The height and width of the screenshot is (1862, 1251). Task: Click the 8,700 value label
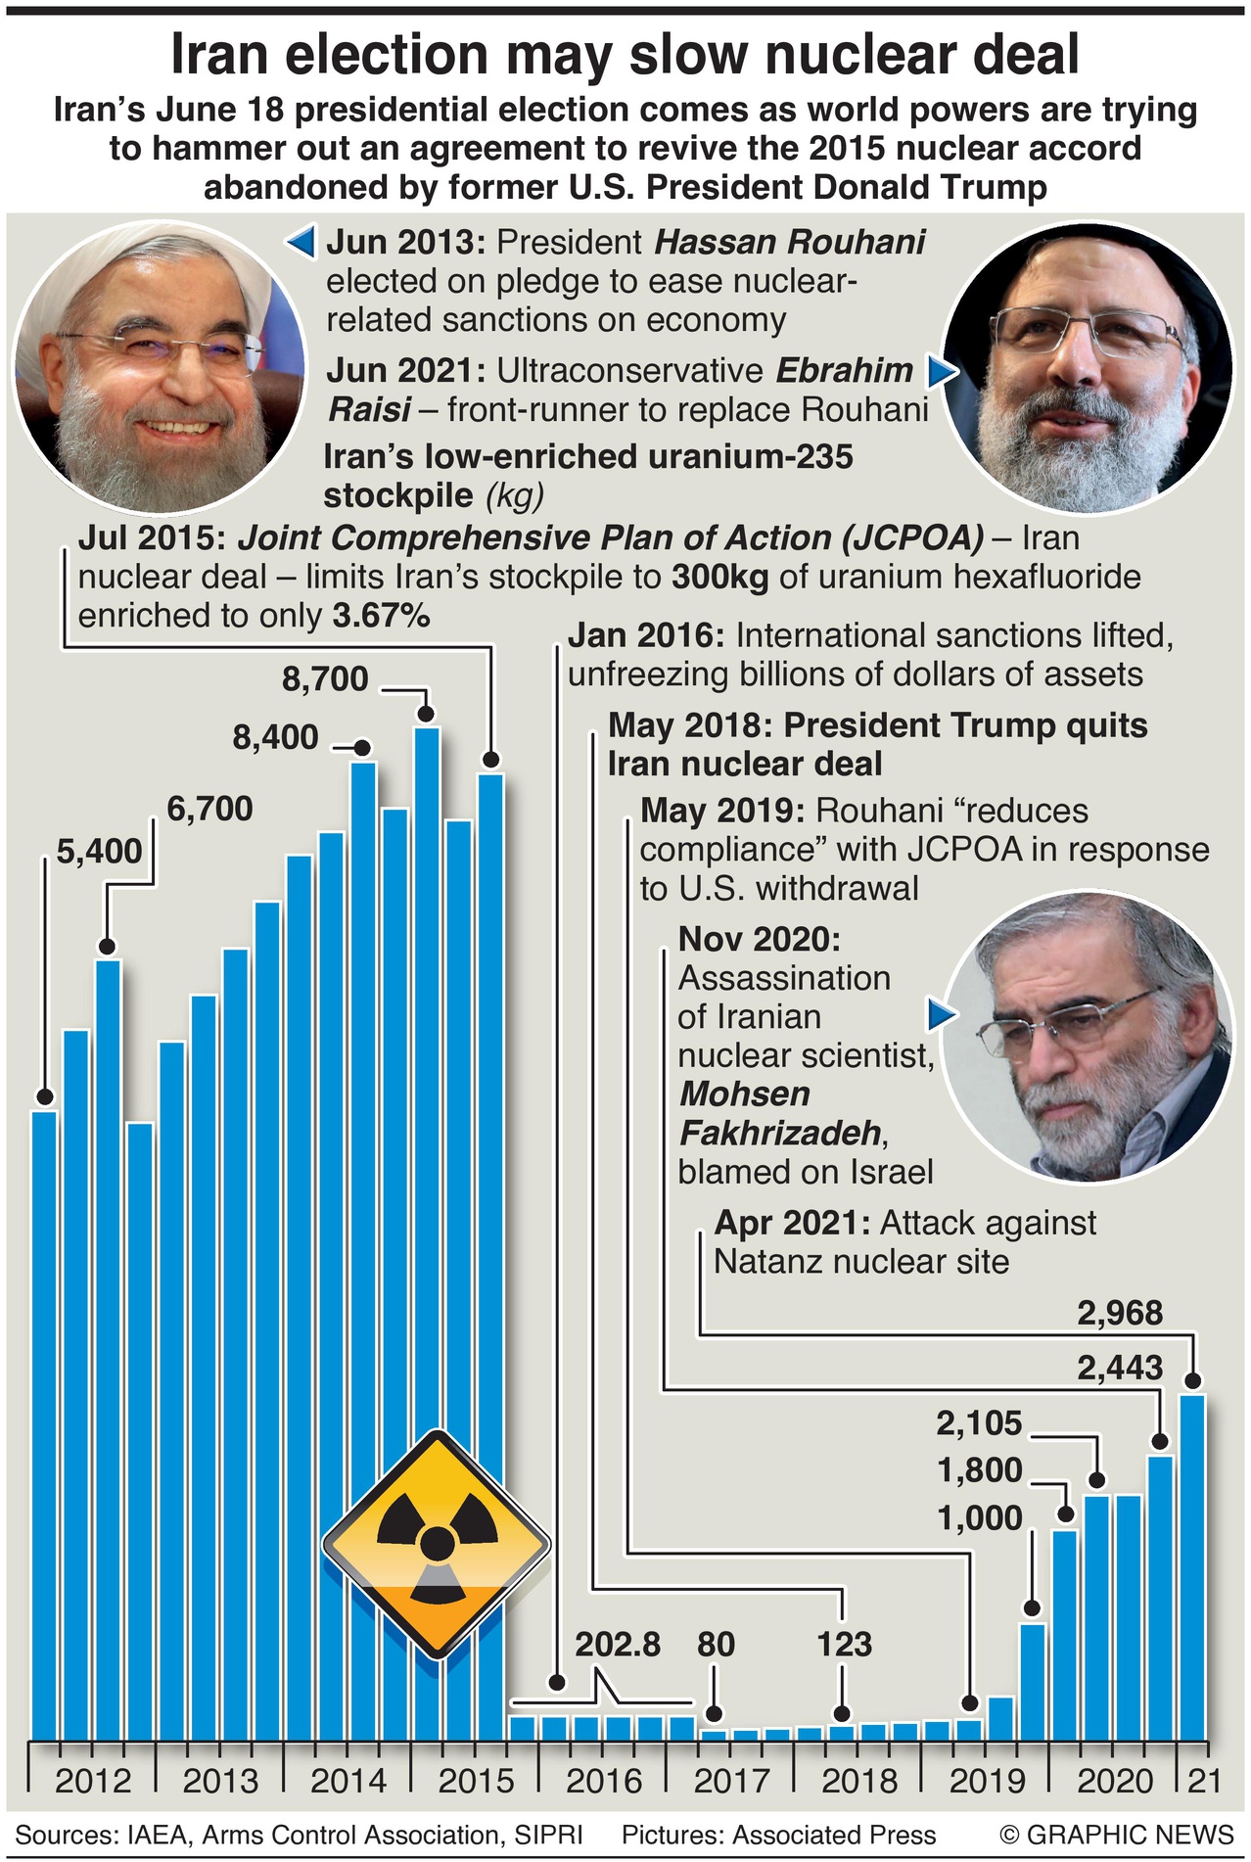(x=325, y=678)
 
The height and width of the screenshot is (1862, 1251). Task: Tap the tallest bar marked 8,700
(x=426, y=1175)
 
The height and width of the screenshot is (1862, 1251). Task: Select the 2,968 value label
(x=1120, y=1313)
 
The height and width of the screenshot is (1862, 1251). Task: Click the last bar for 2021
(x=1192, y=1566)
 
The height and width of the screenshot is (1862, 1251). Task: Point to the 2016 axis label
(x=604, y=1780)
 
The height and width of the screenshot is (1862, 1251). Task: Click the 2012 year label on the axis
(x=93, y=1780)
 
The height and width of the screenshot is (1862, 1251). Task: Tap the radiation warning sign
(x=436, y=1544)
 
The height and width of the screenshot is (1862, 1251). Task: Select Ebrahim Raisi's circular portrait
(x=1087, y=366)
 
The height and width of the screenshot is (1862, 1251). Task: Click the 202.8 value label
(x=618, y=1644)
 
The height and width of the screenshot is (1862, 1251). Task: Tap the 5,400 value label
(x=99, y=851)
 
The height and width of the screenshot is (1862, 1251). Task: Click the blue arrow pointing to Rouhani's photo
(x=301, y=242)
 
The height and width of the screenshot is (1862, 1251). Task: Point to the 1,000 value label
(x=980, y=1517)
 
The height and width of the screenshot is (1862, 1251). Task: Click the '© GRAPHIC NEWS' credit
(x=1117, y=1834)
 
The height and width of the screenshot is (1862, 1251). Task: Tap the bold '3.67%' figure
(x=381, y=616)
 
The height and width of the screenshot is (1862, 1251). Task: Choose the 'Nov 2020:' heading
(x=759, y=939)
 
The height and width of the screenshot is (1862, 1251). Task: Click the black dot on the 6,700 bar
(x=108, y=946)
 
